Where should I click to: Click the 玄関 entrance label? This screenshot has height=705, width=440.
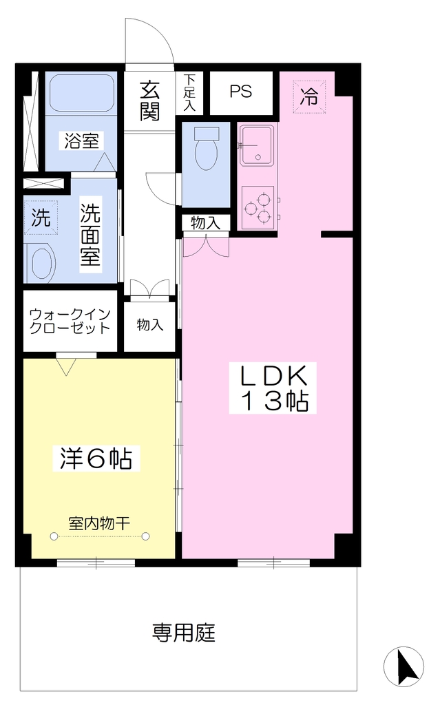click(149, 101)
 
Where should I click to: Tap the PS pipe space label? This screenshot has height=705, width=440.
click(241, 92)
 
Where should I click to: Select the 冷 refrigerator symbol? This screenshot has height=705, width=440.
click(309, 96)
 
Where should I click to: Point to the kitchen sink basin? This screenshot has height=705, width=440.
click(257, 145)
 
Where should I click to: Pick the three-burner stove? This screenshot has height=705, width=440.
click(258, 207)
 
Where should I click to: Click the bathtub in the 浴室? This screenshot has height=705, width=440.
click(81, 94)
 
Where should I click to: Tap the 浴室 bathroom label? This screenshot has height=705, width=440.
click(81, 140)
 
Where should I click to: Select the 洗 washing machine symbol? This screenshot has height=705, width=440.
click(41, 218)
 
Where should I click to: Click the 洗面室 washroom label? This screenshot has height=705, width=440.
click(90, 234)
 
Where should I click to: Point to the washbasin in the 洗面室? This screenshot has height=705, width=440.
click(41, 264)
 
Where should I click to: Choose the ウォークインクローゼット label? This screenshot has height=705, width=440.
click(70, 321)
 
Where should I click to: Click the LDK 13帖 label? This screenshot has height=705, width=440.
click(273, 388)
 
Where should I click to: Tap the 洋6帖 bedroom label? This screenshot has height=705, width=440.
click(96, 458)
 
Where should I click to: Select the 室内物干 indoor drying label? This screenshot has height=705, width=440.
click(99, 523)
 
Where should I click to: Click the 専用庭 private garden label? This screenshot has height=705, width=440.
click(183, 633)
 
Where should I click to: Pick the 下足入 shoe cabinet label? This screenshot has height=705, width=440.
click(189, 93)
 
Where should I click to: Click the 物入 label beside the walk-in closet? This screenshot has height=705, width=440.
click(150, 325)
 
